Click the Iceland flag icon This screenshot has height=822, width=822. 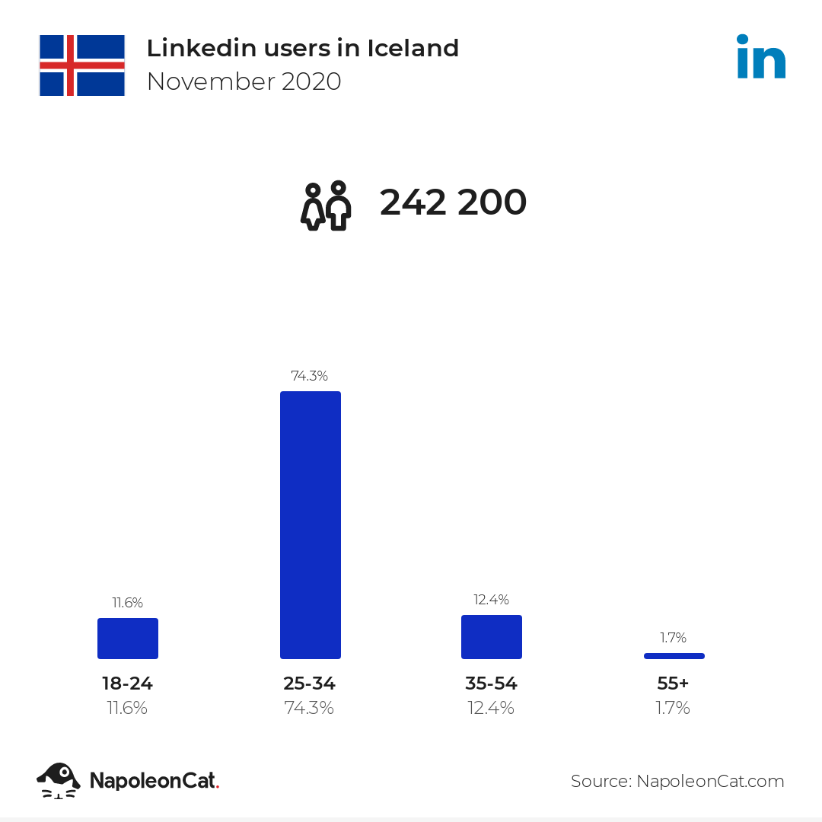point(82,65)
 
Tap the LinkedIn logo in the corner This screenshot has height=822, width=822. point(760,57)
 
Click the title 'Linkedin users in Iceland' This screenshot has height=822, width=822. point(302,48)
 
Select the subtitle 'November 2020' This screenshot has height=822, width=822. point(244,81)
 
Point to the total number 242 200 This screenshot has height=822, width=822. point(453,203)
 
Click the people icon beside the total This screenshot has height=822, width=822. point(326,206)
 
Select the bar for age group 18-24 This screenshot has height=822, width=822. point(128,638)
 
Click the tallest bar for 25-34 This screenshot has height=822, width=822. point(311,524)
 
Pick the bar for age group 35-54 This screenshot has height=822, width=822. point(492,636)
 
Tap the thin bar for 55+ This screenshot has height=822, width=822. point(674,655)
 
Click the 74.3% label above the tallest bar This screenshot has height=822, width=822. point(310,376)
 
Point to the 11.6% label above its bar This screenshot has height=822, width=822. point(128,603)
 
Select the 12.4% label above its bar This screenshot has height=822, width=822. point(491,600)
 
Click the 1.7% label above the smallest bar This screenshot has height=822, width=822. point(674,638)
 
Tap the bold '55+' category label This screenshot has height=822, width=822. point(674,683)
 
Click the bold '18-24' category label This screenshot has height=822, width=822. point(128,683)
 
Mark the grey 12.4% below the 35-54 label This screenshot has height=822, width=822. point(491,708)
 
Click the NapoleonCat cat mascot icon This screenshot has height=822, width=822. point(59,780)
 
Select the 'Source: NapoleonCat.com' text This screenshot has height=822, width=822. point(677,781)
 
